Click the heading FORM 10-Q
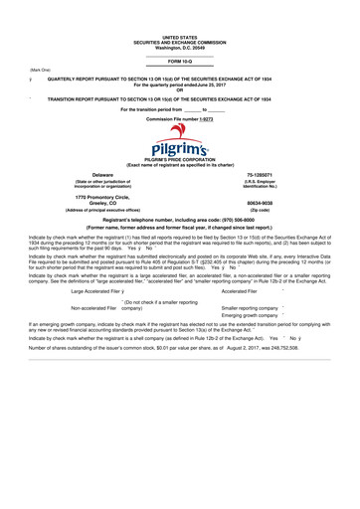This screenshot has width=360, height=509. [179, 61]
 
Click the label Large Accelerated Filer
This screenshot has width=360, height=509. [96, 291]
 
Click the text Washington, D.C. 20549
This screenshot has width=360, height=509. [179, 47]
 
